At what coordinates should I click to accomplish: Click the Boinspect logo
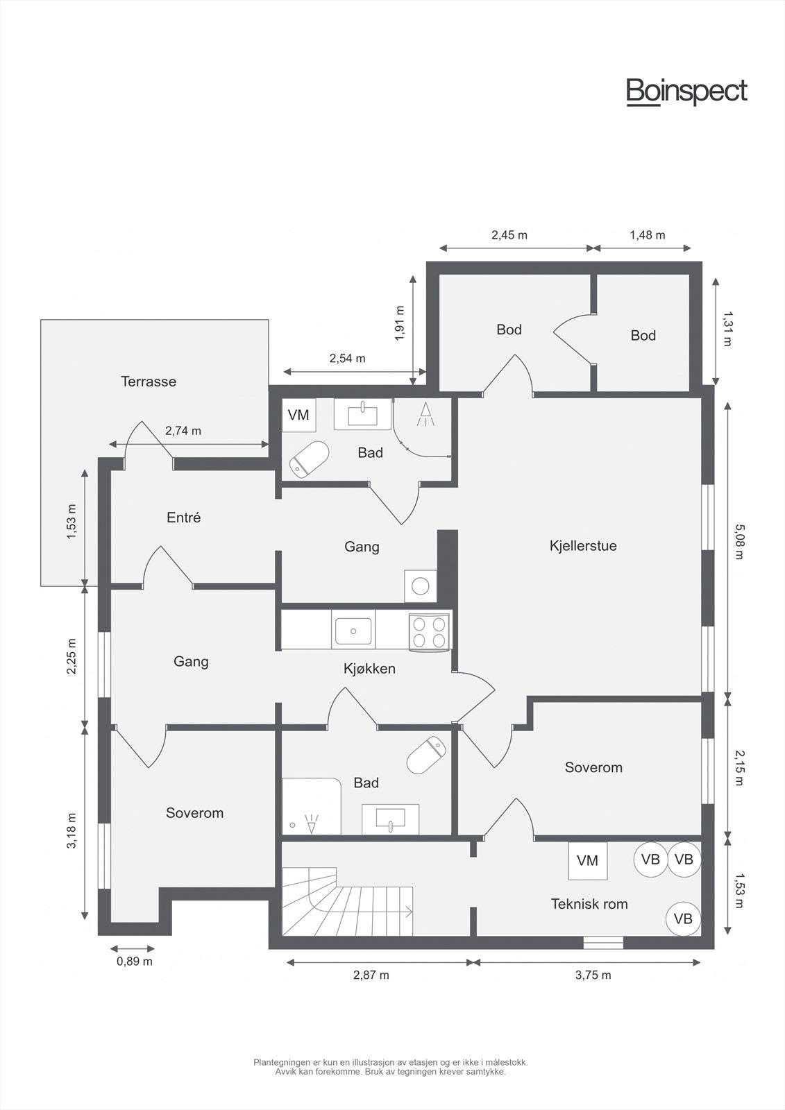tap(687, 92)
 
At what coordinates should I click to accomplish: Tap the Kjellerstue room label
tap(583, 546)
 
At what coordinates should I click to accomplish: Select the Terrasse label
tap(149, 382)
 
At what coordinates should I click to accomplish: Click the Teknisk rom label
tap(589, 904)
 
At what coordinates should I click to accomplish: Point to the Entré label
tap(183, 518)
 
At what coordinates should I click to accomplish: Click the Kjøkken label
tap(369, 669)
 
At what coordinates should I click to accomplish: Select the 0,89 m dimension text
tap(135, 962)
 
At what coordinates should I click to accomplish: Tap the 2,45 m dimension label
tap(509, 235)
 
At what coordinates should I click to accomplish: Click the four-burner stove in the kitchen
tap(429, 631)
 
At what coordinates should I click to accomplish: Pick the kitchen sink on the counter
tap(353, 631)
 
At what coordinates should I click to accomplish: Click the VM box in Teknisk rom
tap(588, 861)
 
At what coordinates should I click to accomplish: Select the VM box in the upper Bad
tap(298, 415)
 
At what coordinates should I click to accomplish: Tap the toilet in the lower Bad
tap(426, 755)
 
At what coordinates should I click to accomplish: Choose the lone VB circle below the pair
tap(683, 919)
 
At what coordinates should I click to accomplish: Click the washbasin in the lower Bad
tap(390, 819)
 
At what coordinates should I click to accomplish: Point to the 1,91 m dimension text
tap(400, 323)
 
